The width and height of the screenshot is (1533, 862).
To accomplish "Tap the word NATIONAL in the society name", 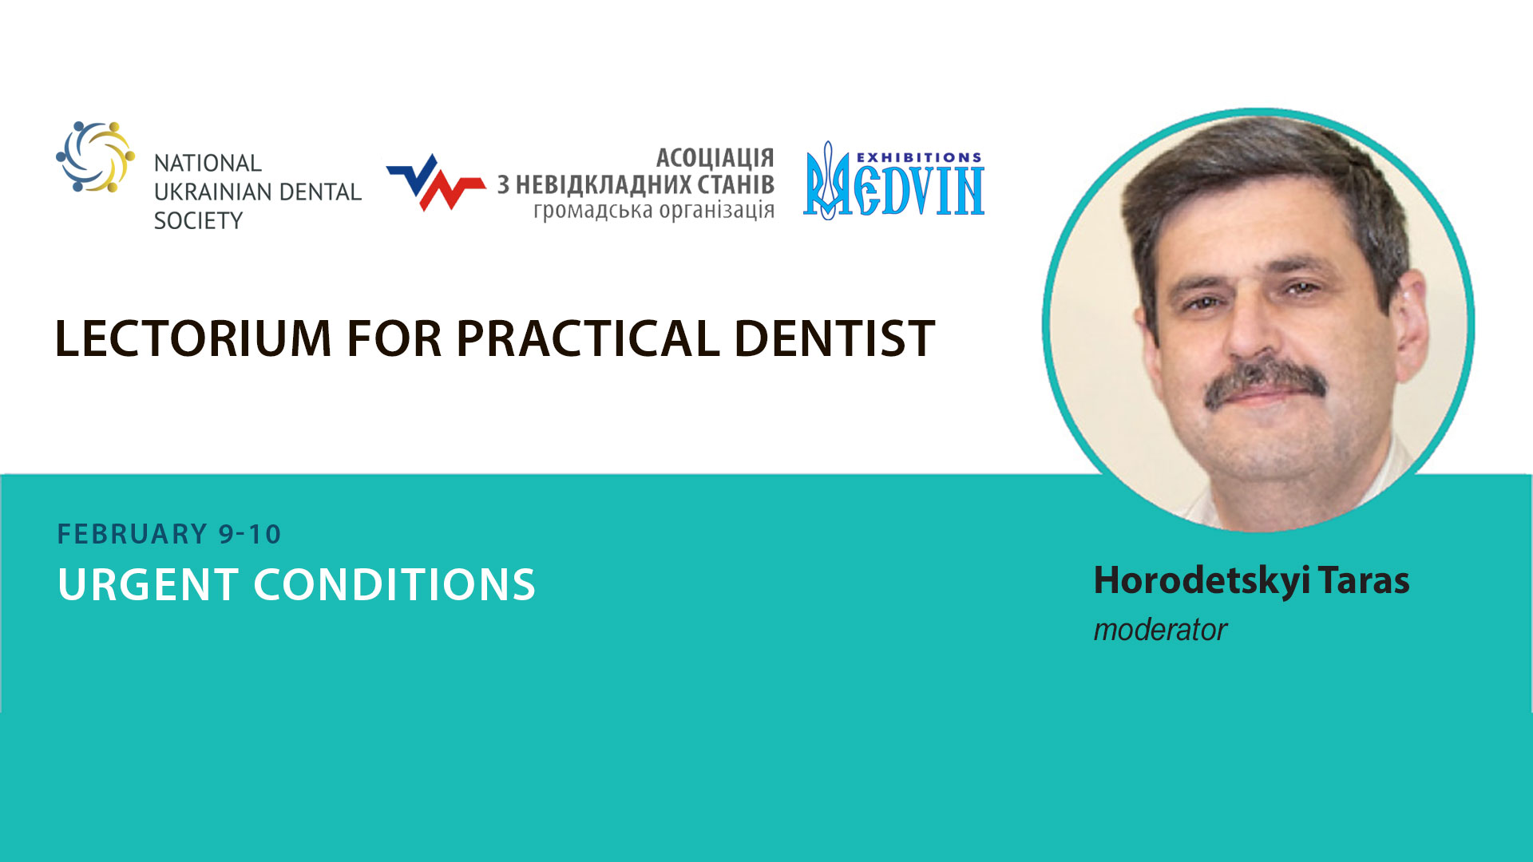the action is point(208,163).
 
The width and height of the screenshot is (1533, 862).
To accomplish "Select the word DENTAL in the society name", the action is point(319,192).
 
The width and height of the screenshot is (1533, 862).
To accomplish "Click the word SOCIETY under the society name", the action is point(198,220).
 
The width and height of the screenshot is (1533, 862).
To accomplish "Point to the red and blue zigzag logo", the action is point(436,183).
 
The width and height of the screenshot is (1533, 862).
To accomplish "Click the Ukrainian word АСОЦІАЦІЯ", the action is point(715,157).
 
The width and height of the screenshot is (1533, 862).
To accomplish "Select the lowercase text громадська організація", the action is point(654,211).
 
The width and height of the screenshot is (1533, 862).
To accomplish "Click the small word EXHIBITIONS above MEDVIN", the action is point(919,157).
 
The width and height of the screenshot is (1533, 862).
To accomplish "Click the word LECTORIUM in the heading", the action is point(193,338).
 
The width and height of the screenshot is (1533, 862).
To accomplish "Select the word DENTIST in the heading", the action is point(834,338).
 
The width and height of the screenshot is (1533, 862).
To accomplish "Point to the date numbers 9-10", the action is point(250,534).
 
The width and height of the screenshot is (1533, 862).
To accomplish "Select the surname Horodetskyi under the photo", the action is point(1202,581).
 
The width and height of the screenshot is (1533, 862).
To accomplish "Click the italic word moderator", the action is point(1160,630).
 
